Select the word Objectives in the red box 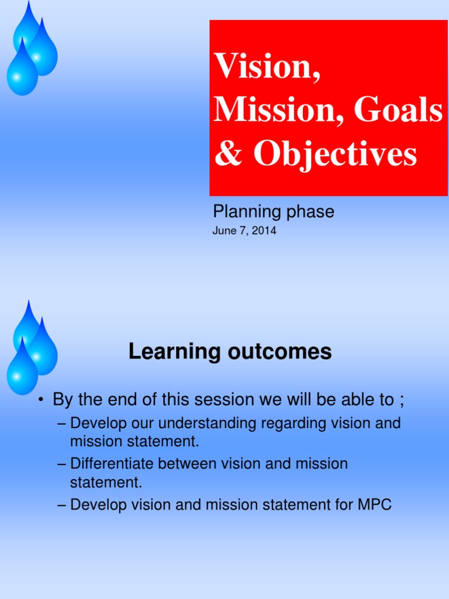335,154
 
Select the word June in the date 224,231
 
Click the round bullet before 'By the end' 42,400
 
